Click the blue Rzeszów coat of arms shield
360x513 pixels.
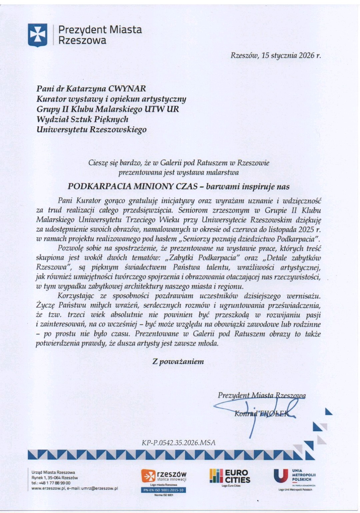pyautogui.click(x=37, y=35)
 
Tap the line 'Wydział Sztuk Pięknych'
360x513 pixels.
pyautogui.click(x=82, y=119)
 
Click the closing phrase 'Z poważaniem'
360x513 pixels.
pyautogui.click(x=178, y=361)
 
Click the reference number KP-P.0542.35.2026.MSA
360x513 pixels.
pyautogui.click(x=178, y=443)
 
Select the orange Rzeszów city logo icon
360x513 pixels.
pyautogui.click(x=148, y=476)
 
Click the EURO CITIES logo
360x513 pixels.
pyautogui.click(x=230, y=476)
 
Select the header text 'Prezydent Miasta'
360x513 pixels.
pyautogui.click(x=100, y=30)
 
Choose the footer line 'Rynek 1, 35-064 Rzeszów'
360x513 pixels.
pyautogui.click(x=55, y=477)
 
